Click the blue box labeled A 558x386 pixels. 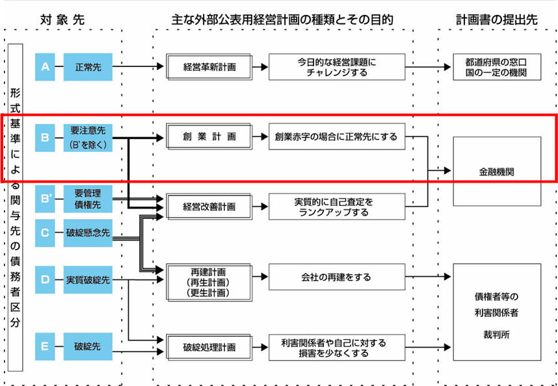coord(45,67)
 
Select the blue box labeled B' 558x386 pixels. coord(45,199)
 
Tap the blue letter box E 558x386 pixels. coord(45,346)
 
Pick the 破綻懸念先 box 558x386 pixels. coord(88,232)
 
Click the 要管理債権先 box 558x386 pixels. coord(88,199)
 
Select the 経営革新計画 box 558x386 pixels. coord(209,67)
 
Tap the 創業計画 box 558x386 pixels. coord(209,138)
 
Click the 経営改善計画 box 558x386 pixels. coord(209,207)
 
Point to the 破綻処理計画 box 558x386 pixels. coord(209,347)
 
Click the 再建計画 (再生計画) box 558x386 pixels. coord(209,282)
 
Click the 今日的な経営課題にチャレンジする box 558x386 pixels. coord(337,67)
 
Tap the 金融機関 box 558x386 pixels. coord(497,172)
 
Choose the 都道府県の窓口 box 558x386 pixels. coord(497,67)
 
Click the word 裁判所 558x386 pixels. coord(497,339)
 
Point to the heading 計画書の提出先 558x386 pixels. coord(497,20)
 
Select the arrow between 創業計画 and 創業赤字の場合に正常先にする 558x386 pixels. coord(259,138)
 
